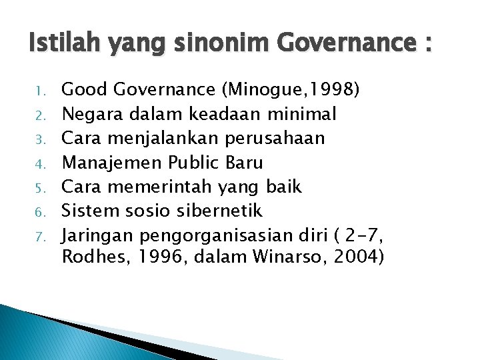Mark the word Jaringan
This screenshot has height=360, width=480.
tap(97, 236)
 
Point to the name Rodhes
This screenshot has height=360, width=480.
tap(91, 257)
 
